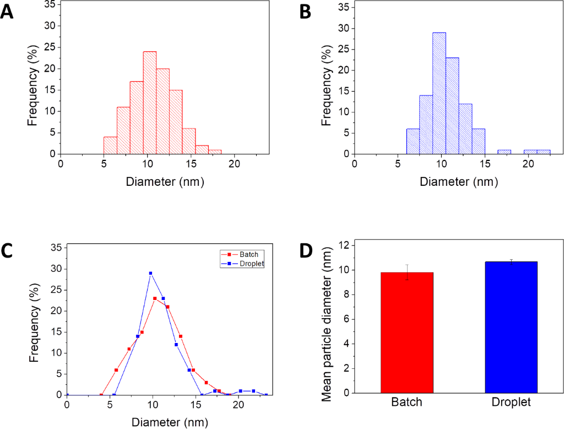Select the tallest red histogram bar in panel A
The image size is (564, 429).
coord(150,103)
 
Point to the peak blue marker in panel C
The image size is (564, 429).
coord(150,273)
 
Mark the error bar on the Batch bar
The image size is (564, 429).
coord(407,272)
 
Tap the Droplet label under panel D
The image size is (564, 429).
coord(511,403)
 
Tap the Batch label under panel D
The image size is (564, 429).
coord(407,403)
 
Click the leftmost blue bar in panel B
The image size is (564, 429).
coord(413,141)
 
